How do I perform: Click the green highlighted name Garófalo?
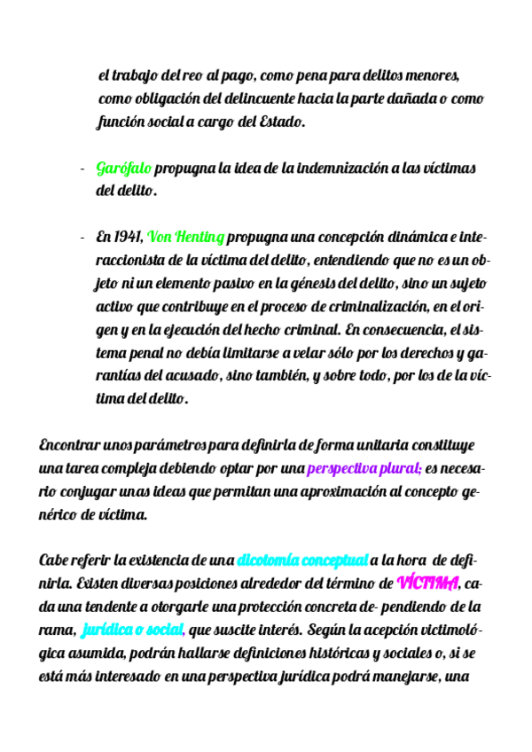(124, 168)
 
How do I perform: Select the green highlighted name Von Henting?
(186, 238)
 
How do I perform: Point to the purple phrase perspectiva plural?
(364, 467)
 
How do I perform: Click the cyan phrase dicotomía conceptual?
(302, 560)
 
